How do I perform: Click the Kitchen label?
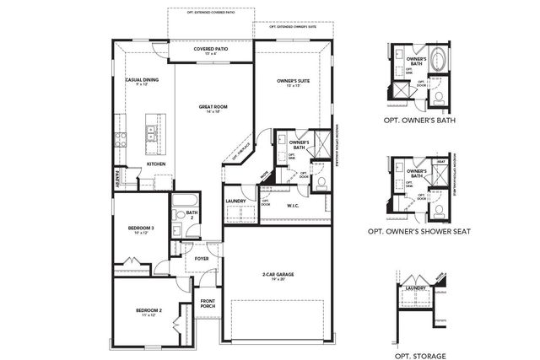coord(156,164)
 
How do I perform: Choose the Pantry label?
coord(116,179)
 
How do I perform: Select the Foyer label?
coord(201,259)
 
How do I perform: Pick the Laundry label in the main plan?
coord(235,201)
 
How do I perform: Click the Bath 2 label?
coord(192,214)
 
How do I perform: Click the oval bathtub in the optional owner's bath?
coord(440,66)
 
